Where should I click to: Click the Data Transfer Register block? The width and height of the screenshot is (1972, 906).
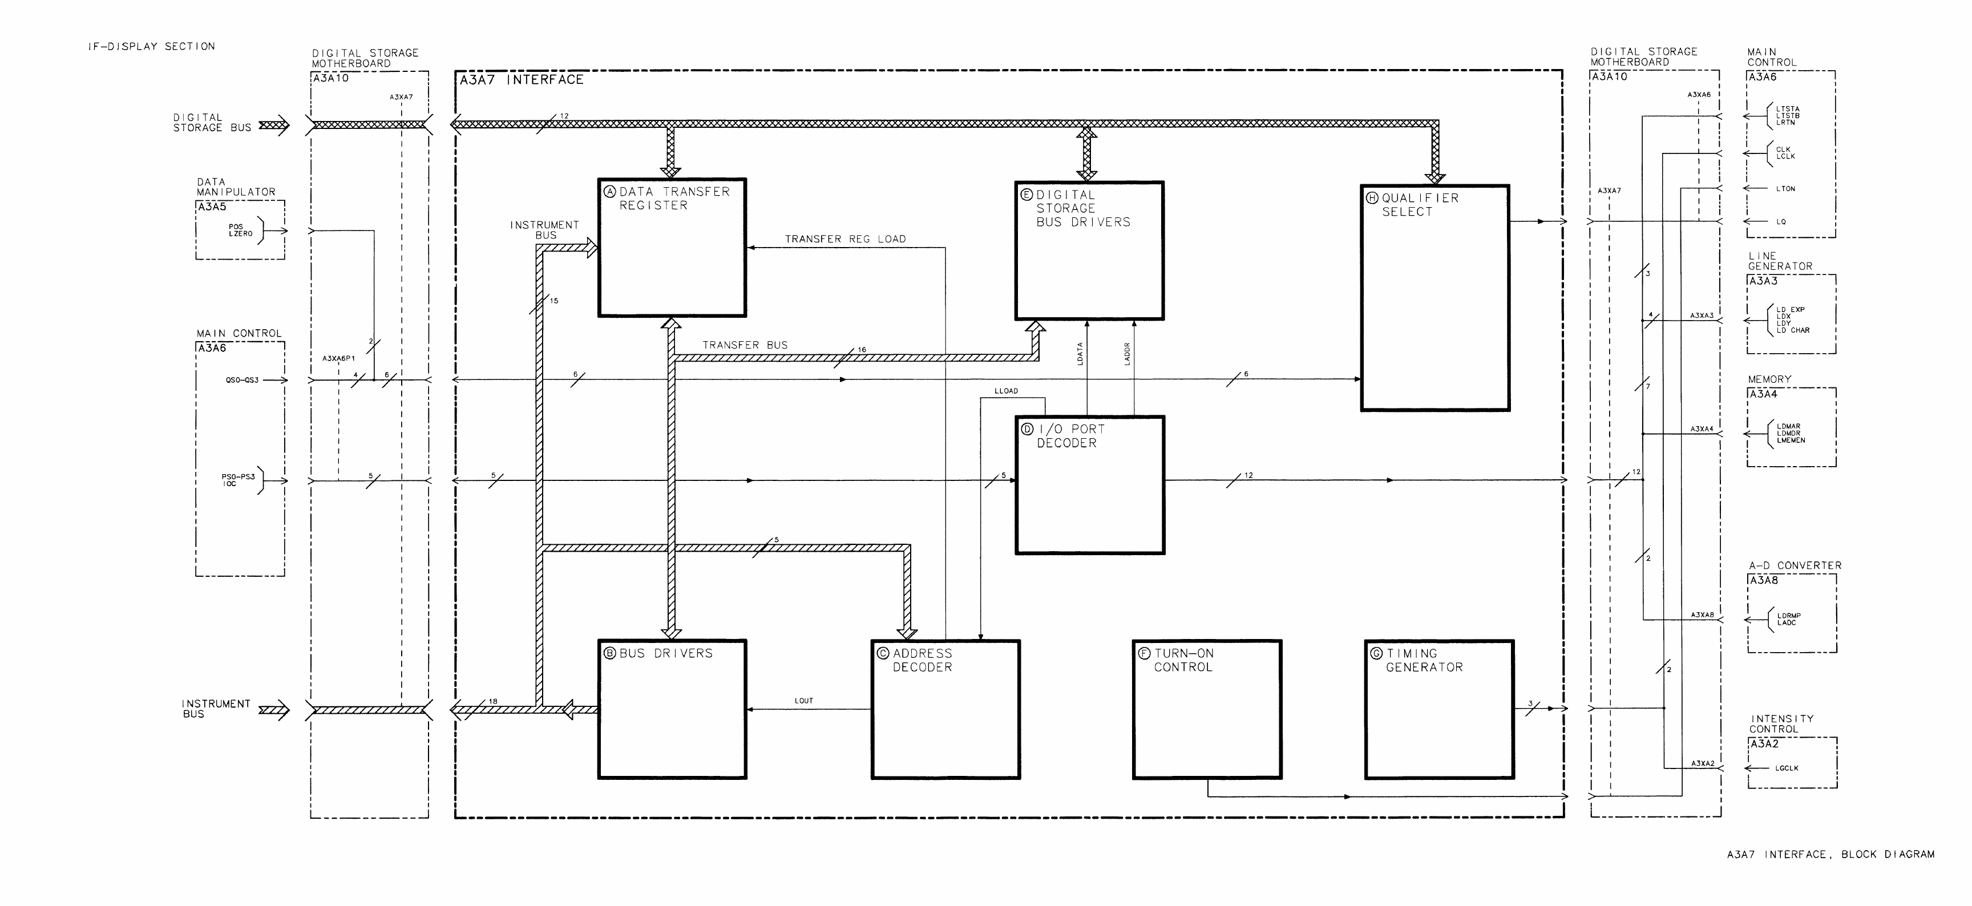(x=672, y=247)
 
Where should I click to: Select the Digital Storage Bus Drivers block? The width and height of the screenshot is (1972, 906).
(x=1089, y=250)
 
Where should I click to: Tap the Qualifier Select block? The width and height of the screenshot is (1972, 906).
(x=1434, y=298)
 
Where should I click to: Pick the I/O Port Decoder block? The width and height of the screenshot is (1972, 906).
(x=1089, y=484)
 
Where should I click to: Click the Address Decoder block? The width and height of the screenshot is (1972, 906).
(x=945, y=709)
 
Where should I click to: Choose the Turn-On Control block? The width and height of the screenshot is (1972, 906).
(x=1206, y=709)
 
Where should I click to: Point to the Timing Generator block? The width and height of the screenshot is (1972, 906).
(x=1438, y=709)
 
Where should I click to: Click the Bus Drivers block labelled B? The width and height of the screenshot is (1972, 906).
(x=672, y=709)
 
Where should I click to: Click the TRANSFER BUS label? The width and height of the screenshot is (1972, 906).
(x=745, y=345)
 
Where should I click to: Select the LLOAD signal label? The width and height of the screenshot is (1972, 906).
(x=1006, y=391)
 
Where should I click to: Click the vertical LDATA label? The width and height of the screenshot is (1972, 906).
(x=1080, y=354)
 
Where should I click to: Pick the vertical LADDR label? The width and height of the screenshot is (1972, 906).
(x=1127, y=354)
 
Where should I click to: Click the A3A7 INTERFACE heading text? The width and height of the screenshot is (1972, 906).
(x=522, y=79)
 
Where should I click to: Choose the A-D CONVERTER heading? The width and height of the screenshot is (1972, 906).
(x=1795, y=565)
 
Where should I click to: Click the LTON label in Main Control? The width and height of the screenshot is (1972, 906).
(x=1785, y=189)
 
